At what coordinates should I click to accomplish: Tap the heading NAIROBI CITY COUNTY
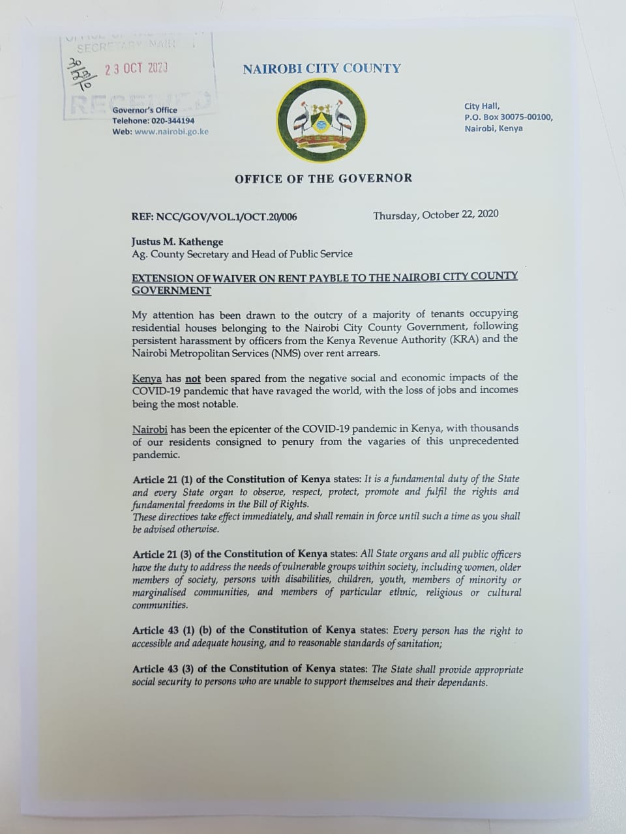point(321,68)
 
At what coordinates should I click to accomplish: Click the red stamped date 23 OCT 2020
point(137,68)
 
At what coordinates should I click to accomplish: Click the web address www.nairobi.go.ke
point(171,132)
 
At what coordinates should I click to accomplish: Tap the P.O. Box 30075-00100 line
point(508,117)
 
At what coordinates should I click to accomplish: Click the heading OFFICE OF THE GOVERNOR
point(323,178)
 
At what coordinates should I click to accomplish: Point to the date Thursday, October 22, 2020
point(436,215)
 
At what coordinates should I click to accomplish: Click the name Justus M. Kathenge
point(177,242)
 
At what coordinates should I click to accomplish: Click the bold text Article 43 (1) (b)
point(173,631)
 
